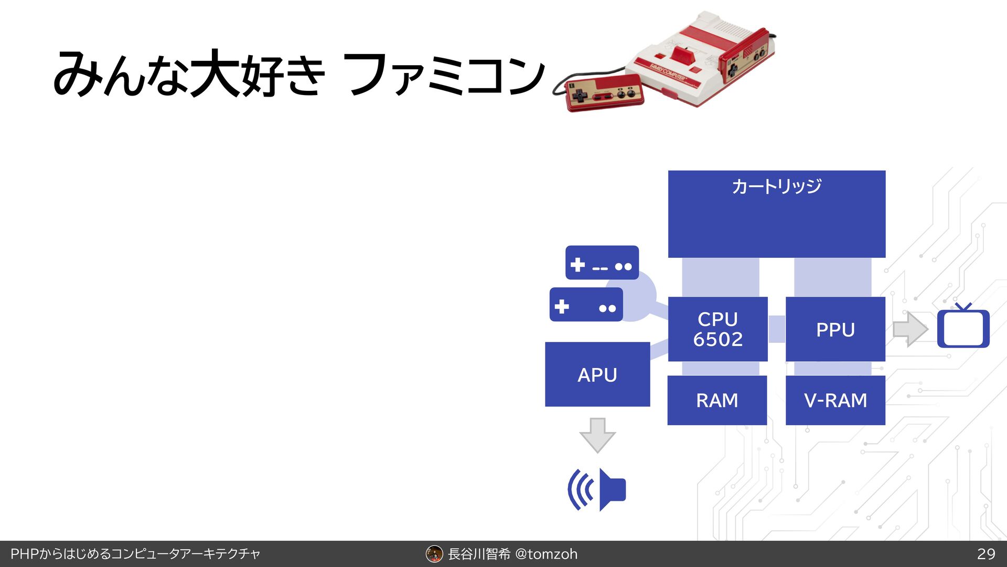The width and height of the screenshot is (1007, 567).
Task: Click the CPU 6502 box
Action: click(x=717, y=329)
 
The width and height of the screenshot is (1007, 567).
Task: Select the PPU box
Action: click(x=835, y=329)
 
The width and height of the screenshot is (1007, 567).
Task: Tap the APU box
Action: click(x=597, y=374)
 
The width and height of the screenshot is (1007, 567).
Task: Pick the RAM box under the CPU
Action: click(x=717, y=400)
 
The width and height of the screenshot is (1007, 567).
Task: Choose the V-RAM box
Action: click(x=835, y=400)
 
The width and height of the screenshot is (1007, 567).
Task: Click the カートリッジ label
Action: click(x=776, y=186)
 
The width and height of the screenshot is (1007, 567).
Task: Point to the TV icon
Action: click(x=963, y=328)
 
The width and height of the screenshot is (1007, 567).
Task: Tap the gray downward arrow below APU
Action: click(x=597, y=435)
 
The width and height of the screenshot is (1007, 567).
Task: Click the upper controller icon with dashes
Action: click(x=602, y=263)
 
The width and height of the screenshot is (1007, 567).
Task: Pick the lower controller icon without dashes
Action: click(x=586, y=305)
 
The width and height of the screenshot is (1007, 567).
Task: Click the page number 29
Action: click(x=986, y=554)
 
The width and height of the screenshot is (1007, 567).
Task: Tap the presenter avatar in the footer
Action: click(x=434, y=554)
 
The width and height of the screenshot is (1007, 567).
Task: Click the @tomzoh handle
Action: click(x=546, y=554)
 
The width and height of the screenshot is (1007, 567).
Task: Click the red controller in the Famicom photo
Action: click(x=604, y=93)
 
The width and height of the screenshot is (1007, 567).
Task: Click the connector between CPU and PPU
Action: click(x=777, y=329)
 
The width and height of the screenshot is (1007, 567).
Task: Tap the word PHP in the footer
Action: click(x=25, y=554)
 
